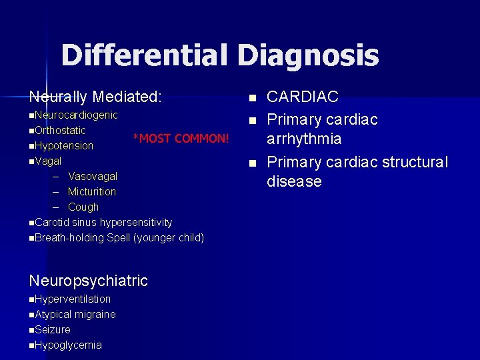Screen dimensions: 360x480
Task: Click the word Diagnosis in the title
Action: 307,55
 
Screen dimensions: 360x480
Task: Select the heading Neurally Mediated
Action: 95,97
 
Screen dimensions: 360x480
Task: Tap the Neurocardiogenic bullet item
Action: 76,115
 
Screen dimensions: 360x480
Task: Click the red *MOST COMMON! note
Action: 181,139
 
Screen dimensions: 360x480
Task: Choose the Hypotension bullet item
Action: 64,145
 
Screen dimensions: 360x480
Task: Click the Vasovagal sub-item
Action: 93,177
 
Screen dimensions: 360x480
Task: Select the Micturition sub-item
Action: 92,192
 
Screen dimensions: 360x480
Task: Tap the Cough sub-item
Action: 83,207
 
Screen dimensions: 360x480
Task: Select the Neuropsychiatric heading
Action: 88,281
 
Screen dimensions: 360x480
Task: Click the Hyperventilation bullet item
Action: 73,299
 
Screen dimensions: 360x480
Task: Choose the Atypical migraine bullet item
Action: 75,315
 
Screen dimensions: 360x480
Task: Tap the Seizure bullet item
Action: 53,330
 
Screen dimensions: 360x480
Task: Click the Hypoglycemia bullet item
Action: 68,345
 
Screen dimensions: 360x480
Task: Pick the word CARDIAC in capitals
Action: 302,97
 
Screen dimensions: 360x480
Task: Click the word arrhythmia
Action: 304,139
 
